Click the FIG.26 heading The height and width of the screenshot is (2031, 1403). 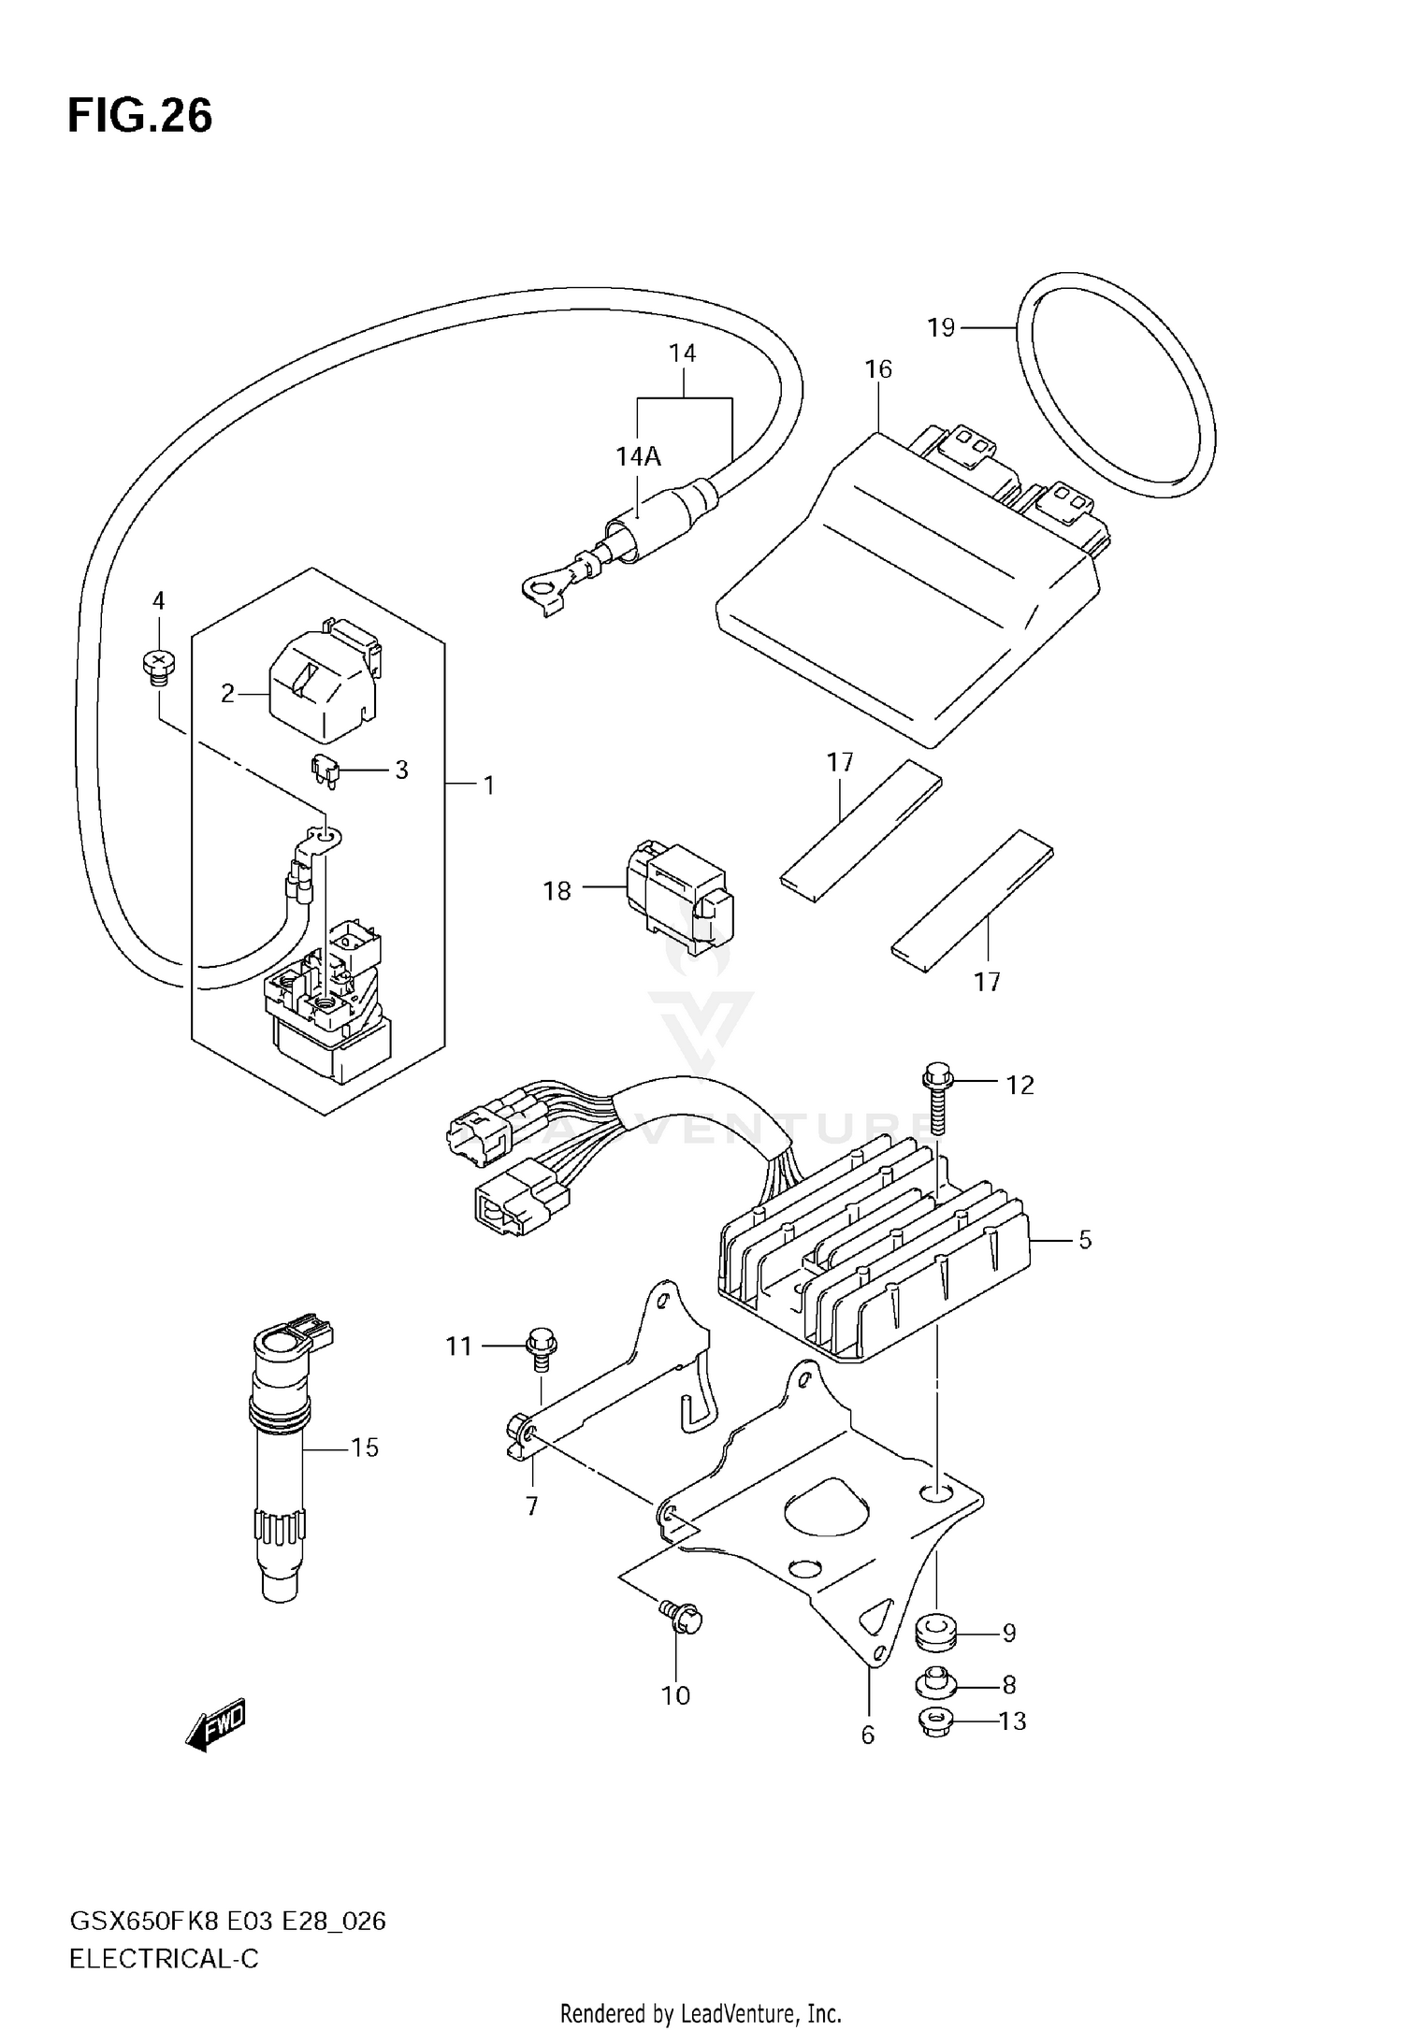139,116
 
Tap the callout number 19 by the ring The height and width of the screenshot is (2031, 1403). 941,328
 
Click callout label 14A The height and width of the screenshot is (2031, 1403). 638,456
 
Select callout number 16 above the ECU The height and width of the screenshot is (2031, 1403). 878,369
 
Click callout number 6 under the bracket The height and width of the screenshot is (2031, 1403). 867,1735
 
